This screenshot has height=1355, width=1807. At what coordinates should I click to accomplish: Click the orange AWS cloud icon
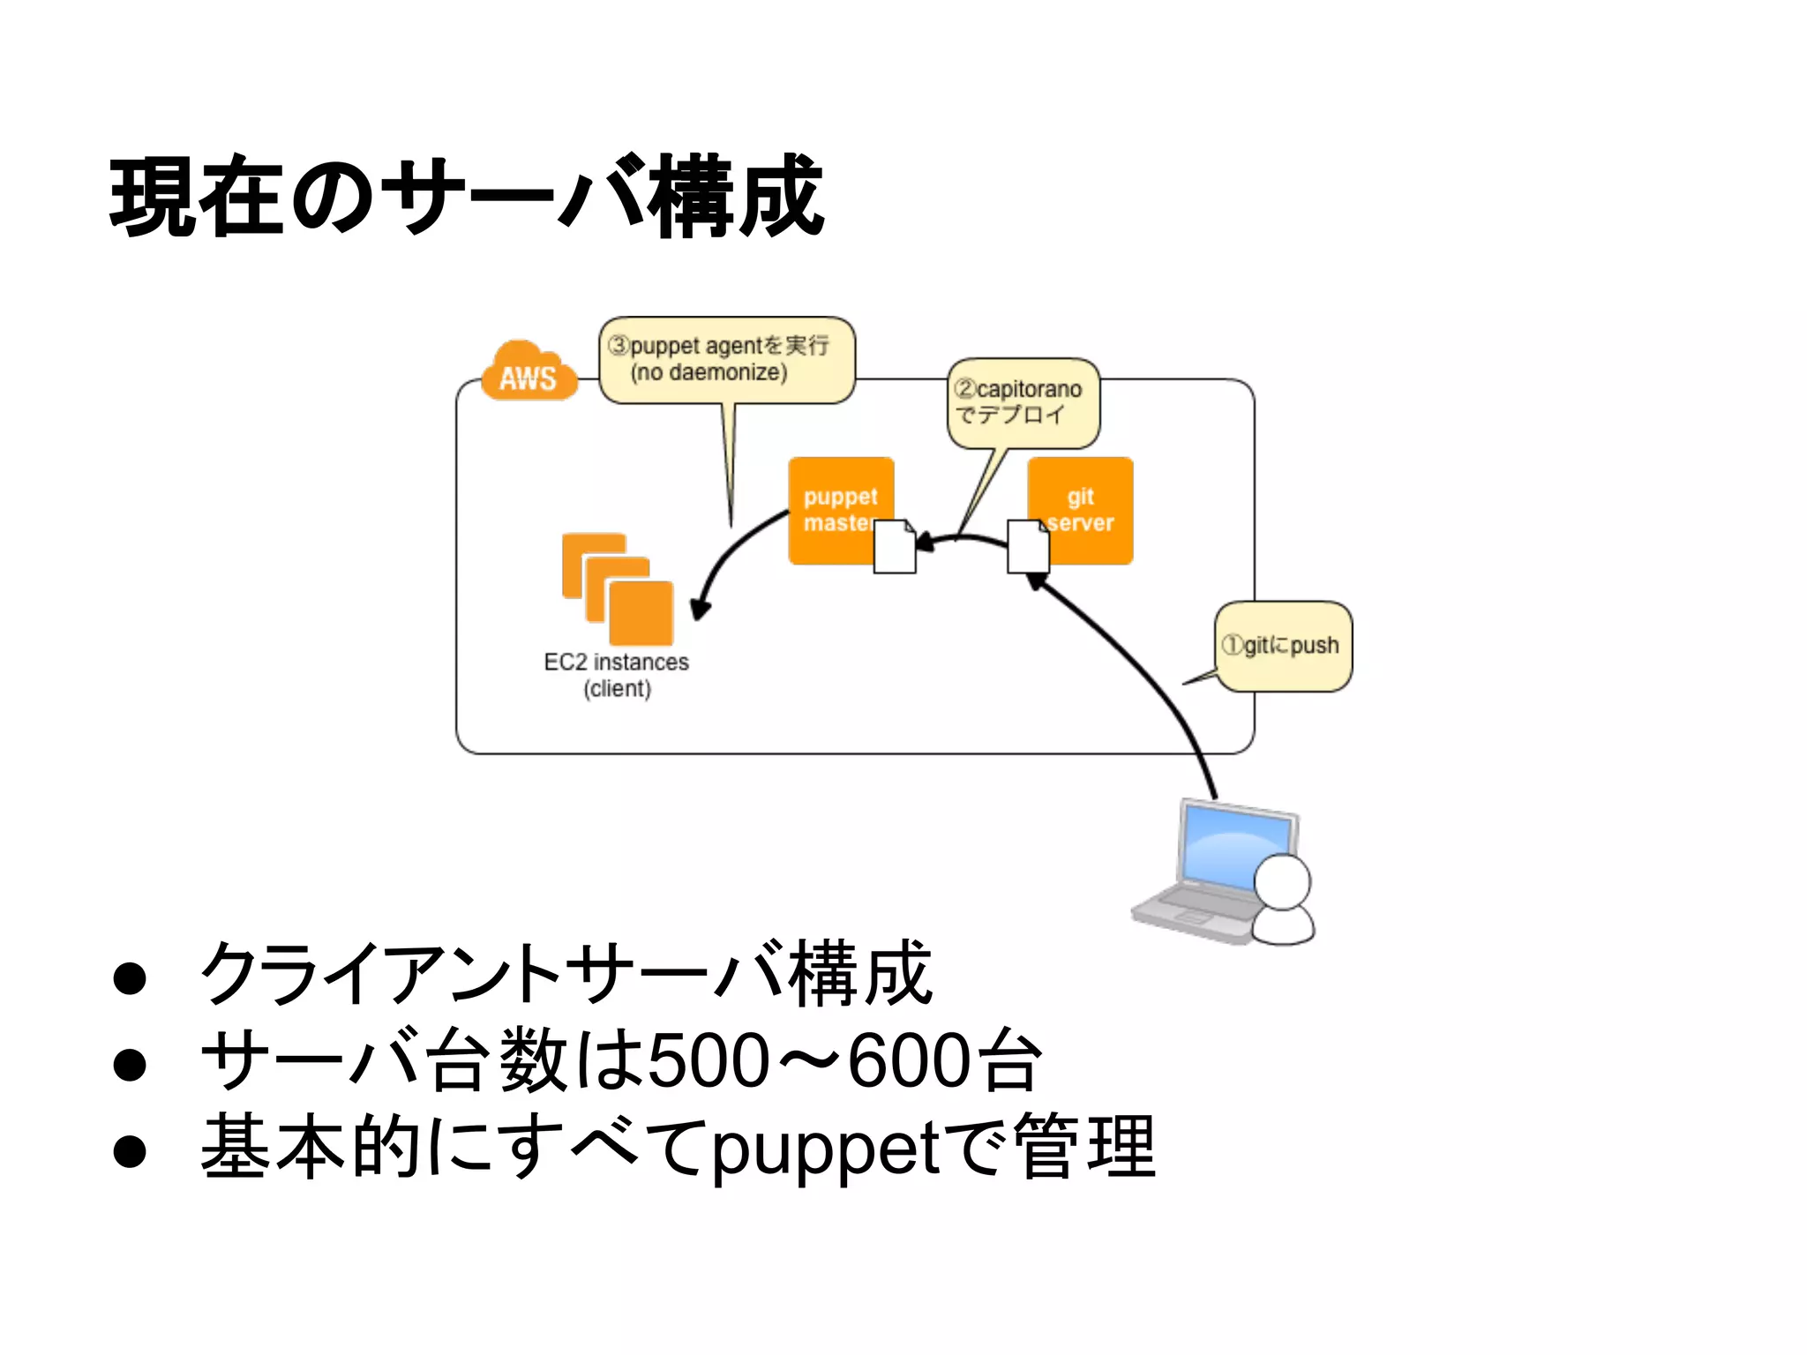[x=529, y=372]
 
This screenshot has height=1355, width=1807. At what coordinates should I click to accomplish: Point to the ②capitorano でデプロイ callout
[x=1023, y=402]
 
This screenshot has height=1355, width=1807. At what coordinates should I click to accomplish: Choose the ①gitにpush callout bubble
[x=1283, y=646]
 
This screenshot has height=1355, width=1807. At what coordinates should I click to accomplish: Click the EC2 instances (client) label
[x=616, y=675]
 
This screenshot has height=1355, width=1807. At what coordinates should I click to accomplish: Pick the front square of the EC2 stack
[x=641, y=613]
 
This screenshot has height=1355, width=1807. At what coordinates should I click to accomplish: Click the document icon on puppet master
[x=894, y=548]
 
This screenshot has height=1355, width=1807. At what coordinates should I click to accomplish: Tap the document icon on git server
[x=1028, y=547]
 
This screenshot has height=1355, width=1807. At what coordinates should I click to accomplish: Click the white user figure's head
[x=1282, y=881]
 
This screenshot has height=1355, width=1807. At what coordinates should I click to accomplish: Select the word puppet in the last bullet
[x=826, y=1149]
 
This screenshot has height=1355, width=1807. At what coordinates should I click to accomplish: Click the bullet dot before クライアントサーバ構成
[x=130, y=978]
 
